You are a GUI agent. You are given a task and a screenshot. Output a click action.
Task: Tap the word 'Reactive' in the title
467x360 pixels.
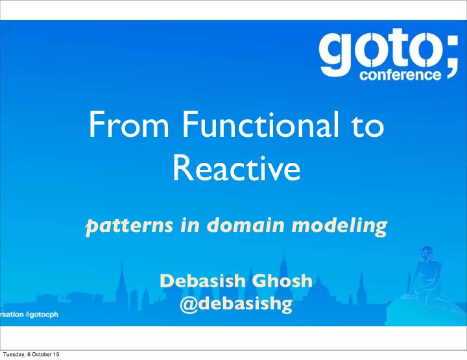coord(237,168)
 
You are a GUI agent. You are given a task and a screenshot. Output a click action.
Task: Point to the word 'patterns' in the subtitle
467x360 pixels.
coord(129,226)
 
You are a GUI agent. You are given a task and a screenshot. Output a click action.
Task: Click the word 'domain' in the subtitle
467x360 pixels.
coord(245,225)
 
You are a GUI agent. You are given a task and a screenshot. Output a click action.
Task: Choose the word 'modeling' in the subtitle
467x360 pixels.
coord(339,226)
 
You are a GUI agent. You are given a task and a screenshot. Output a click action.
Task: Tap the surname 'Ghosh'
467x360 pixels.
coord(282,281)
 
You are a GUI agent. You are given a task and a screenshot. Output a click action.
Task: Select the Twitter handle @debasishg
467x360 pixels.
coord(236,304)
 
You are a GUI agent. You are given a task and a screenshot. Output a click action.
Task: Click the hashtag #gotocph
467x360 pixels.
coord(42,315)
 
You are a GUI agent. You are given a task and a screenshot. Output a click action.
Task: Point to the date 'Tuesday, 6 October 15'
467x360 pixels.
coord(31,354)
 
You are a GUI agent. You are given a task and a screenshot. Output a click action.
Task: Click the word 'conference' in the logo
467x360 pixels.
coord(400,75)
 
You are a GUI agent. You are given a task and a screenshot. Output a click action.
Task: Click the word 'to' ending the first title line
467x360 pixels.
coord(368,126)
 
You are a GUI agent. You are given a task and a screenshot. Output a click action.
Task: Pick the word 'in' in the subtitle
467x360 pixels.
coord(189,225)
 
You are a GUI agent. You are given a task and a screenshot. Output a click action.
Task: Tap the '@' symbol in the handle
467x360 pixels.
coord(189,304)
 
